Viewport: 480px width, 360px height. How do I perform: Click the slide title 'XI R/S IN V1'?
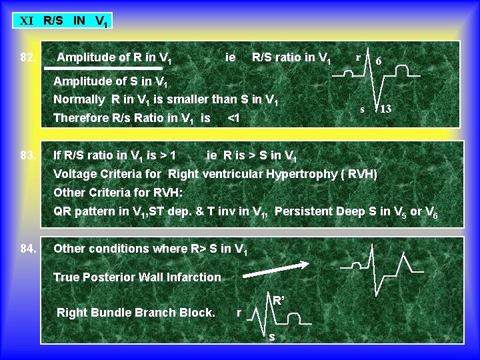[63, 21]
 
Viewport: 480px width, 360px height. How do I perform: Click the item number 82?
[28, 57]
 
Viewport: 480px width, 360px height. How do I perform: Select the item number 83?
[28, 156]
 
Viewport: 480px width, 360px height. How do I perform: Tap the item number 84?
[28, 249]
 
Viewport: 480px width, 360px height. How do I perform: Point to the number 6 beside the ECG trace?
[378, 60]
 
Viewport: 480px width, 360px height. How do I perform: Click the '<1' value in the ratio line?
[234, 119]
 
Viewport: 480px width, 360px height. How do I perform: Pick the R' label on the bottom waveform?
[279, 301]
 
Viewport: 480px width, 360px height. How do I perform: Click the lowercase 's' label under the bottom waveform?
[271, 337]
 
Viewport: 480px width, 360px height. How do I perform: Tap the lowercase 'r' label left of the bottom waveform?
[239, 312]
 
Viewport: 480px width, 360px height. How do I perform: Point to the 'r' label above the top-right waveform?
[358, 57]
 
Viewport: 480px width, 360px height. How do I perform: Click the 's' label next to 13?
[362, 108]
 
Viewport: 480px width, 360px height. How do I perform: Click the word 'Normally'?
[79, 101]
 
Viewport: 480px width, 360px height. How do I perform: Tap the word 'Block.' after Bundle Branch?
[199, 312]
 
